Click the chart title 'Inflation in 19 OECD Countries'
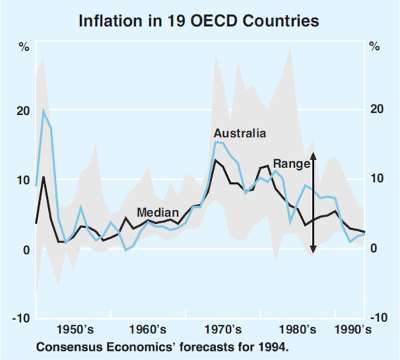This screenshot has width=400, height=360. (x=199, y=21)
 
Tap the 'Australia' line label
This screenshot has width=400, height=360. (x=239, y=133)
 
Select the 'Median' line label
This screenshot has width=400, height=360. (x=157, y=213)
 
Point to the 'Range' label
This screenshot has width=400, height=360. (x=292, y=163)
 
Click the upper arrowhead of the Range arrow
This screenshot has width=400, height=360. (x=313, y=155)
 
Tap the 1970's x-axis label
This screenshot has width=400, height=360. (x=221, y=329)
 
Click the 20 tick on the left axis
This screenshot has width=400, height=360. (x=23, y=111)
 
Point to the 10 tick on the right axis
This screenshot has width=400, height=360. (x=376, y=179)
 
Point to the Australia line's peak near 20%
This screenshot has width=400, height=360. (x=44, y=111)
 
